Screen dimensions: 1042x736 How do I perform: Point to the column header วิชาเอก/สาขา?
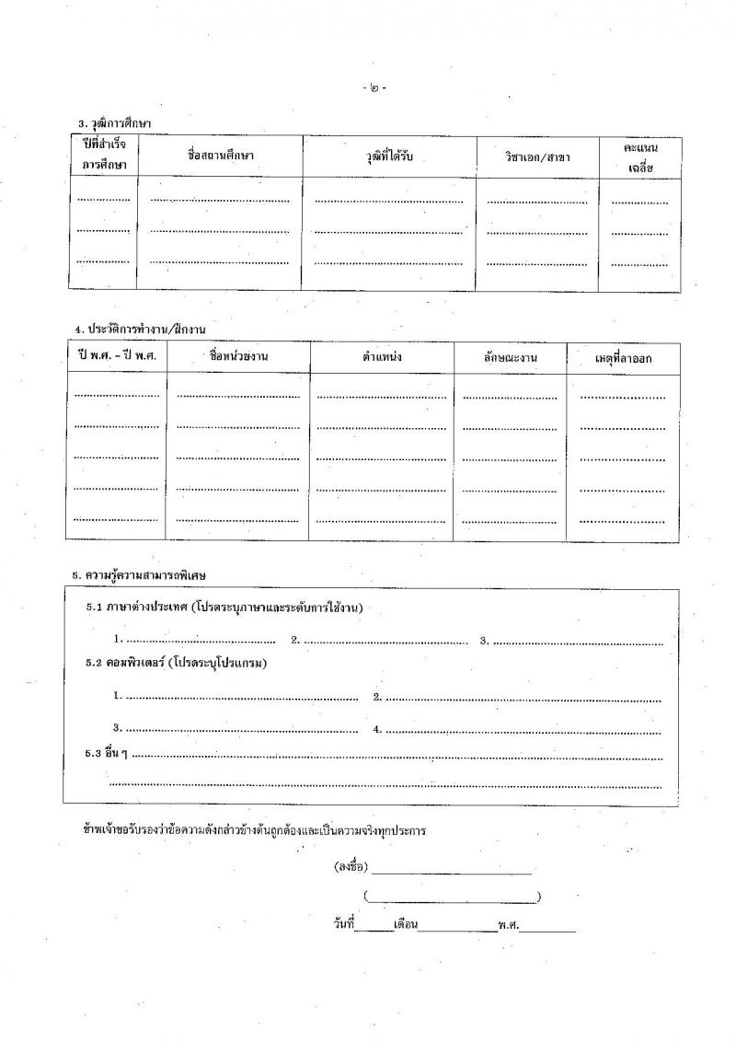tap(536, 157)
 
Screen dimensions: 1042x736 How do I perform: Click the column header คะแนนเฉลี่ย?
tap(639, 156)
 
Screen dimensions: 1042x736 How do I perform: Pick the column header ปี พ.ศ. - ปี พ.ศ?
tap(116, 356)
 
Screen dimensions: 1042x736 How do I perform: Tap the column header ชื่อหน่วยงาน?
tap(238, 356)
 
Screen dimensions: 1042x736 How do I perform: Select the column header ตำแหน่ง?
tap(382, 357)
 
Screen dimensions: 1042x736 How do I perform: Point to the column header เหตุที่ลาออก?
tap(623, 358)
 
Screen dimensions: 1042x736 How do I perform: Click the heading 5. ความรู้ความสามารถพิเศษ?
tap(139, 575)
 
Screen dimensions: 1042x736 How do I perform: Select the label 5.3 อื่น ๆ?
tap(106, 754)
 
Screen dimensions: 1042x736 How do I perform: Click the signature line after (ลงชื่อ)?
tap(452, 868)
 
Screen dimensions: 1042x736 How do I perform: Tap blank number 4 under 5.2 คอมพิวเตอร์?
tap(523, 729)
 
